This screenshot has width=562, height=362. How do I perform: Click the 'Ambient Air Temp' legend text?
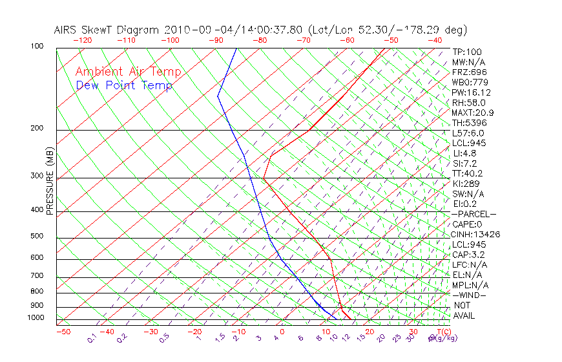click(x=128, y=72)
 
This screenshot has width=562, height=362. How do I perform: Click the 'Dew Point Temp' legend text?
click(x=123, y=85)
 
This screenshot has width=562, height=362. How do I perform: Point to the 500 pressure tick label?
click(x=36, y=236)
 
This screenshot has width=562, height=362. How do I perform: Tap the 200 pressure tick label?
click(x=36, y=128)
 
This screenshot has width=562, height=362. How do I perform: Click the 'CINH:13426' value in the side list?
click(x=476, y=234)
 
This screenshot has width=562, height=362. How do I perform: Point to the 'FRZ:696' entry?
click(x=470, y=72)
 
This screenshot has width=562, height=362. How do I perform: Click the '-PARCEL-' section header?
click(x=474, y=214)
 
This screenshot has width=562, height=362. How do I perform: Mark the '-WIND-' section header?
click(x=469, y=295)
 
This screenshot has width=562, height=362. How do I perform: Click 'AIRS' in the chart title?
click(x=66, y=30)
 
